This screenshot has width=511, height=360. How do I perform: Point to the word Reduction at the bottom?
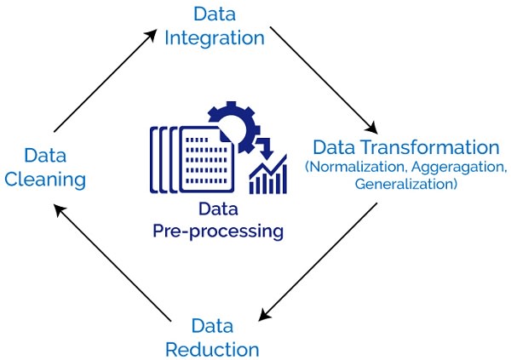[x=212, y=349]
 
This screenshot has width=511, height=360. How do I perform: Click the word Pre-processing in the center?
[x=218, y=230]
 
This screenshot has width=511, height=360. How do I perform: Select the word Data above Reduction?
[x=212, y=326]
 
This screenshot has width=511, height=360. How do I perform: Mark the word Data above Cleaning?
[x=46, y=156]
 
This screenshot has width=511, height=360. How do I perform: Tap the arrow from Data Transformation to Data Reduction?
[x=319, y=262]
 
